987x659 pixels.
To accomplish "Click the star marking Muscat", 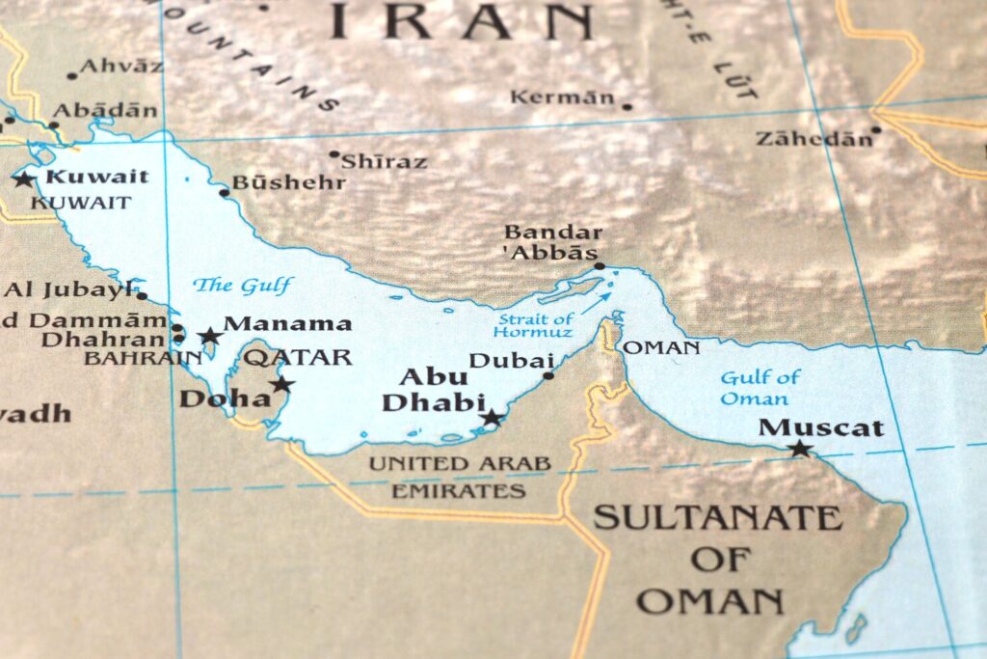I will coord(799,449).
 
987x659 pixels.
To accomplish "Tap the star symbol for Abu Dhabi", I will coord(492,418).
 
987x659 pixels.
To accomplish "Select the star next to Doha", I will coord(281,384).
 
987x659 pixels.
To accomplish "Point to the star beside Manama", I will coord(209,337).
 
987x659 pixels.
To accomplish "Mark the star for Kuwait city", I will coord(23,178).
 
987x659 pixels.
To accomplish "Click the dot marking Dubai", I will coord(548,375).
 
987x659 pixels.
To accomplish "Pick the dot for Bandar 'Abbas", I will coord(599,265).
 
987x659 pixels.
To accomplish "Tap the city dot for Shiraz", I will coord(334,154).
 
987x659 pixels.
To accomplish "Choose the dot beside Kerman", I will coord(627,106).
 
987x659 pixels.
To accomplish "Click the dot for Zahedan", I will coord(875,130).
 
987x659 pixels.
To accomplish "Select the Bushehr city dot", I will coord(224,193).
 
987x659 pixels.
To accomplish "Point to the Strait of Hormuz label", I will coord(535,325).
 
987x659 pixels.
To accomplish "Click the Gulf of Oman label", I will coord(760,388).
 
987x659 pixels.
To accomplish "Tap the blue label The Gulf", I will coord(241,285).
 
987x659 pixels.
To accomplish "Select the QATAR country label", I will coord(297,358).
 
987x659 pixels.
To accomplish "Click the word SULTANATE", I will coord(717,518).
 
